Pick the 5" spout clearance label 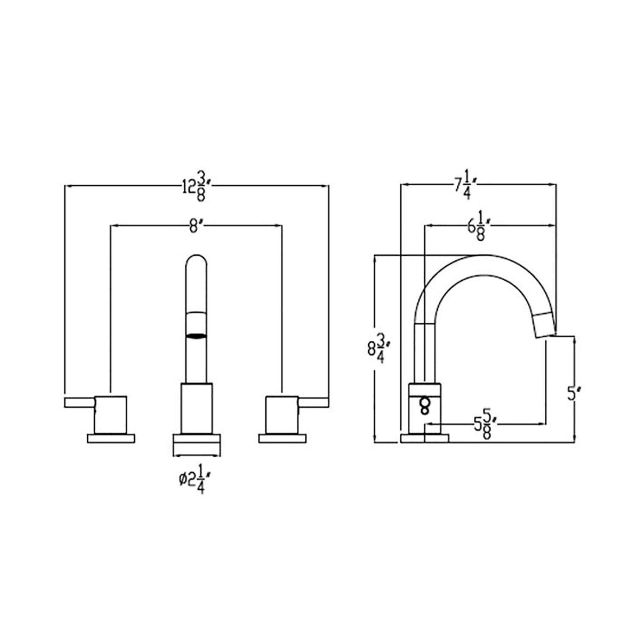[x=572, y=395]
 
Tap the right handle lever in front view [x=314, y=403]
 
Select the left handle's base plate [x=111, y=438]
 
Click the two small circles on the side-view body [x=424, y=406]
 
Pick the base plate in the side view [x=424, y=439]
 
